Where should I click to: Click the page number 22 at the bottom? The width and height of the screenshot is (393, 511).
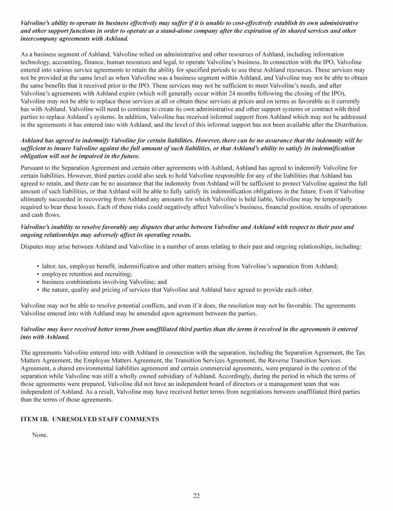pos(196,495)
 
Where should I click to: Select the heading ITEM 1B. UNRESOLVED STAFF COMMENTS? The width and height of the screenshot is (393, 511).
pos(90,419)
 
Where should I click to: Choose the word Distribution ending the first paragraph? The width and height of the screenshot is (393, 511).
pos(348,125)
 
